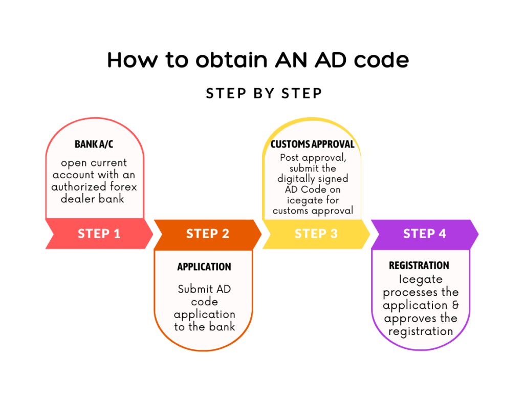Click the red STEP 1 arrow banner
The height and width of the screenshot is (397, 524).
tap(99, 234)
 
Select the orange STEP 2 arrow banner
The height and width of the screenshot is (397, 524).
tap(208, 234)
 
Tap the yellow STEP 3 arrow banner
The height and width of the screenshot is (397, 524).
tap(316, 234)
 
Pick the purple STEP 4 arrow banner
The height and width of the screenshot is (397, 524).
tap(425, 234)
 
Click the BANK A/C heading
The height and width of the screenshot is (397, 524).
tap(94, 144)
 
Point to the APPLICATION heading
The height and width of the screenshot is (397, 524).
tap(204, 266)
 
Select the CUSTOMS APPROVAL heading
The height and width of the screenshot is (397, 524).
tap(313, 144)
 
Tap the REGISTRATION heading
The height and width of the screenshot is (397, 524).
tap(419, 265)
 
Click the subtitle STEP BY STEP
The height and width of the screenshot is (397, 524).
tap(264, 93)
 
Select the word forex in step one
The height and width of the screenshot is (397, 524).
tap(124, 186)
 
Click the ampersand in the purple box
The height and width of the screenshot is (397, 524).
tap(455, 305)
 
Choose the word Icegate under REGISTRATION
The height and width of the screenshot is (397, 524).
tap(421, 280)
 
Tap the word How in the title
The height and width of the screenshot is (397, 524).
tap(133, 60)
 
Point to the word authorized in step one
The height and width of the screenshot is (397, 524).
tap(79, 186)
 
